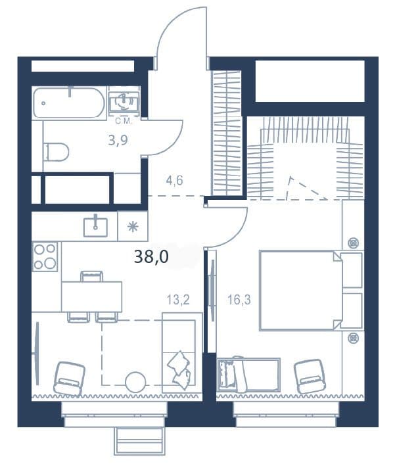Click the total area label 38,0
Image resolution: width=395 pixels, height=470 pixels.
(x=151, y=257)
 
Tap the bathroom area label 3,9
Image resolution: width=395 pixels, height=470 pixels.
(x=118, y=140)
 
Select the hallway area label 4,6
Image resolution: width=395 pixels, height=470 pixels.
(x=174, y=181)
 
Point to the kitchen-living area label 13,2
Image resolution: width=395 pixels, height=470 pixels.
(x=178, y=300)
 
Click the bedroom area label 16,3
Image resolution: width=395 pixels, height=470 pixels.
(x=239, y=300)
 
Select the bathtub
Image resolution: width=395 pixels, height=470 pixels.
(x=69, y=102)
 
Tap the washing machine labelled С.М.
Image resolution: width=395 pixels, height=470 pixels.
(x=124, y=101)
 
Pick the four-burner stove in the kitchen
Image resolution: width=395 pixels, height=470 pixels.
(x=45, y=256)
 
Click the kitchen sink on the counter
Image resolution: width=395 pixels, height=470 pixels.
(x=95, y=227)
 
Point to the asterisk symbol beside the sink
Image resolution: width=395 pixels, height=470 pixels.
(x=132, y=227)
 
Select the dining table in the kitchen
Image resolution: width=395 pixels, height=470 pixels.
(x=92, y=296)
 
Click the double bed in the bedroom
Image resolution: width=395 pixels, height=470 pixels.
(x=301, y=290)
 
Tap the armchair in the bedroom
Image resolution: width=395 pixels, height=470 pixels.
(x=308, y=376)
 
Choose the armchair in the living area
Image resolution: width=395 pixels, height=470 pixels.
(x=69, y=379)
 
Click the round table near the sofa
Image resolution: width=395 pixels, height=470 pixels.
(x=135, y=381)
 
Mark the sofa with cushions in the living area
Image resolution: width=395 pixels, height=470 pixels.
(x=182, y=352)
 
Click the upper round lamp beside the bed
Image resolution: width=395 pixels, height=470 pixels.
(x=354, y=243)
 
